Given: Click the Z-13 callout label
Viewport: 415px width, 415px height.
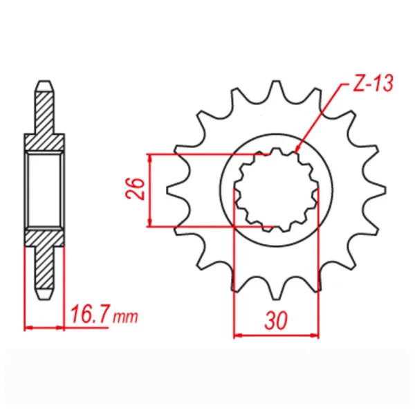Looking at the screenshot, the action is [x=373, y=83].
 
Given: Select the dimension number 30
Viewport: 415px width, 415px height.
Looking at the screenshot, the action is [x=276, y=320].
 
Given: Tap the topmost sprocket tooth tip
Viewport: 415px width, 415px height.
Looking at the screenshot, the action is [x=276, y=81].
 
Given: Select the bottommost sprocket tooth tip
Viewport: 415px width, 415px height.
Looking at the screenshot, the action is [x=276, y=300].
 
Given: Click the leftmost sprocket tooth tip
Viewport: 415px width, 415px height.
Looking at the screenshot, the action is [x=167, y=191].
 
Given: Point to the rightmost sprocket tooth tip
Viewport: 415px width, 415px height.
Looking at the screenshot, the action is [x=385, y=191].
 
